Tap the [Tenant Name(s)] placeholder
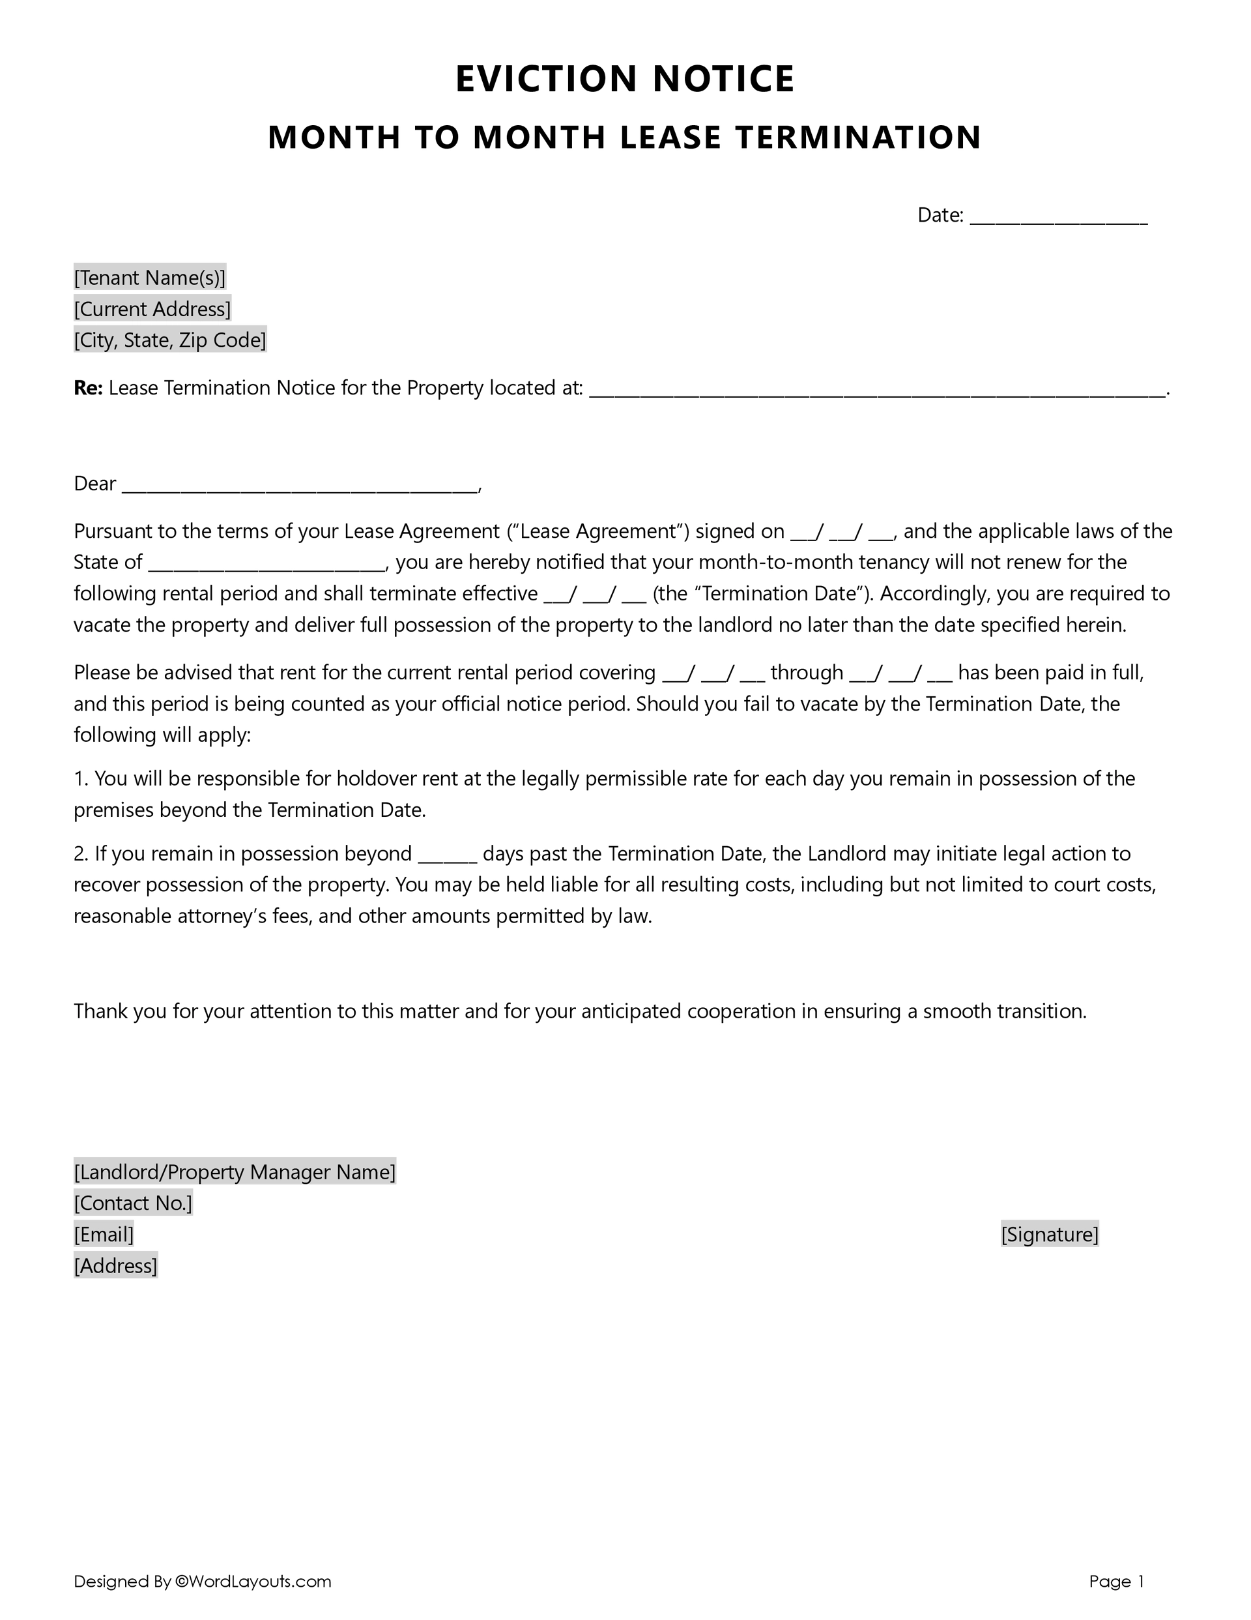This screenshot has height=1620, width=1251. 149,278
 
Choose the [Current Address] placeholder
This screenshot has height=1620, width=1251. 152,308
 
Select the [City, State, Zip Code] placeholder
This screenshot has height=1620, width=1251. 170,340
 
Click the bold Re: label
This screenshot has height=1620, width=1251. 87,388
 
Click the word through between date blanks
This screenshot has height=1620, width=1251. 806,673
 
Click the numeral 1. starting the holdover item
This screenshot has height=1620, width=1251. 81,779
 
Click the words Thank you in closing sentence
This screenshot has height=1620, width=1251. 120,1012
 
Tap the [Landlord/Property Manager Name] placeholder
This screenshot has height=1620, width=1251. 235,1172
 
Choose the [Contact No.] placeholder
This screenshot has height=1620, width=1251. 133,1203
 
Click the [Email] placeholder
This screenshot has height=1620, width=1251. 104,1234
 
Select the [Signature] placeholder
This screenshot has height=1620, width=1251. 1048,1234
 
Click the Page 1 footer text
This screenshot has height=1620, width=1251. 1116,1582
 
